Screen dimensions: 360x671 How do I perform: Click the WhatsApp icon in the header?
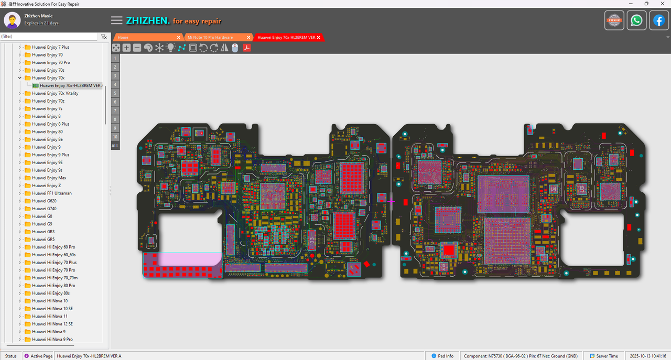(x=636, y=20)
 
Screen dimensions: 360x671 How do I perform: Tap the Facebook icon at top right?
(x=658, y=20)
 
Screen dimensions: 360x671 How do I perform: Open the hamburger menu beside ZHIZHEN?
(x=117, y=20)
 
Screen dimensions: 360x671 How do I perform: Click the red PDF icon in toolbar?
(x=246, y=48)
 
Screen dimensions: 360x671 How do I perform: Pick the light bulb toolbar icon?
(x=170, y=48)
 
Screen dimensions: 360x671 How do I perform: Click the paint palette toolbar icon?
(x=148, y=48)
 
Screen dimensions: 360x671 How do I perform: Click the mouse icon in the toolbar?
(x=235, y=48)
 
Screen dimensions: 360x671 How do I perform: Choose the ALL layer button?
(x=115, y=146)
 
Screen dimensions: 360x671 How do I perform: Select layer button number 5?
(x=115, y=93)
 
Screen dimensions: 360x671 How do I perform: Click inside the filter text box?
(x=48, y=37)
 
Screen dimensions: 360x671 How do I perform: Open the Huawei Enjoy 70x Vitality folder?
(x=55, y=93)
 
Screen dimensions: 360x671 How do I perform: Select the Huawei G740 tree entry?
(x=44, y=209)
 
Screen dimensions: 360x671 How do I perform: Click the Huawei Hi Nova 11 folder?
(x=49, y=316)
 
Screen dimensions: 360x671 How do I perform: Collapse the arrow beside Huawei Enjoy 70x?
(x=20, y=78)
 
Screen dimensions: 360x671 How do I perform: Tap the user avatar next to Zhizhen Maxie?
(x=12, y=20)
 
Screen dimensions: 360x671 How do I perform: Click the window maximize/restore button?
(x=646, y=4)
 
